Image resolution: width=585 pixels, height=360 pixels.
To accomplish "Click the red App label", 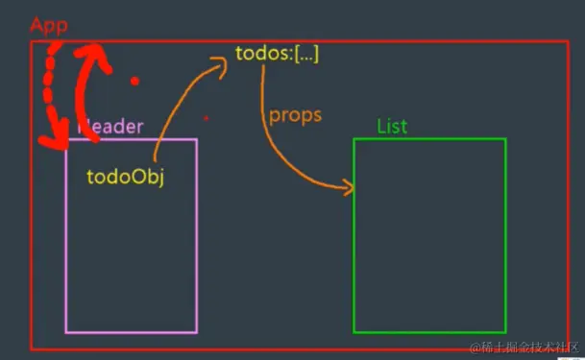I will coord(48,24).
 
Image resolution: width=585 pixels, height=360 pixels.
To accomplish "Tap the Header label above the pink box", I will coord(110,127).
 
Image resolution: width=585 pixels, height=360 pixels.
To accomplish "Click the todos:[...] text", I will coord(277,54).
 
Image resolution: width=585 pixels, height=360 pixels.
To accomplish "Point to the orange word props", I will coord(295,114).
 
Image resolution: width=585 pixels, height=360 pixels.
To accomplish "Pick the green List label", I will coord(392,127).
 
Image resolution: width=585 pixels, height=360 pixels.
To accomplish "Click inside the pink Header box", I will coord(131,259).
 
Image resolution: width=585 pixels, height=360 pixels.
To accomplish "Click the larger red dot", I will coord(135,81).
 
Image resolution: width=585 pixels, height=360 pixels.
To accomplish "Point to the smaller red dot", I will coord(206,118).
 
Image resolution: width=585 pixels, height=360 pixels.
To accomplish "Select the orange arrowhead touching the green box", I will coord(347,188).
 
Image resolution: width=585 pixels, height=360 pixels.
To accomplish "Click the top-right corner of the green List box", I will coord(505,139).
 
